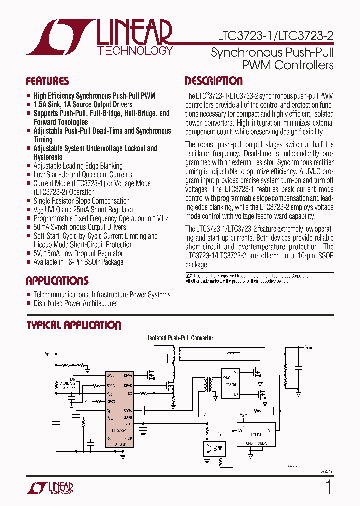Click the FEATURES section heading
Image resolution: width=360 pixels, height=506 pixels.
click(47, 81)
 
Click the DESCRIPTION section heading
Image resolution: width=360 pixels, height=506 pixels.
click(214, 81)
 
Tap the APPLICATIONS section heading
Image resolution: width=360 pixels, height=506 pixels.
click(57, 281)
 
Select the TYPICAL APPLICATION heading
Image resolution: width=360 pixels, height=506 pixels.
click(73, 325)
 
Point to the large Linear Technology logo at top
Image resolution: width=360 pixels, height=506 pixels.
click(100, 37)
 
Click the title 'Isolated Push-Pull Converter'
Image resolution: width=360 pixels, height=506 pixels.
click(181, 338)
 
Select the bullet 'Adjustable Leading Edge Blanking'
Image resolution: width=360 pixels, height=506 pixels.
click(78, 166)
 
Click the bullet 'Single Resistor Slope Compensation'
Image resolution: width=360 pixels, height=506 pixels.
click(81, 201)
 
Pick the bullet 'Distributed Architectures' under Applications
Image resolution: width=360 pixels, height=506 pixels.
click(75, 303)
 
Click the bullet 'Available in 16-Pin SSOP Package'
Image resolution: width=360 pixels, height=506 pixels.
click(78, 262)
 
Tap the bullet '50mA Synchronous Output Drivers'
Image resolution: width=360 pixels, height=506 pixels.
click(79, 227)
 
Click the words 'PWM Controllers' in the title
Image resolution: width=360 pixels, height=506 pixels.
click(287, 65)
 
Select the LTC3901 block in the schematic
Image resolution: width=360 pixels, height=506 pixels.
click(230, 384)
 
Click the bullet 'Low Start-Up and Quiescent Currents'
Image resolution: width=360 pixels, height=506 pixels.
click(83, 175)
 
